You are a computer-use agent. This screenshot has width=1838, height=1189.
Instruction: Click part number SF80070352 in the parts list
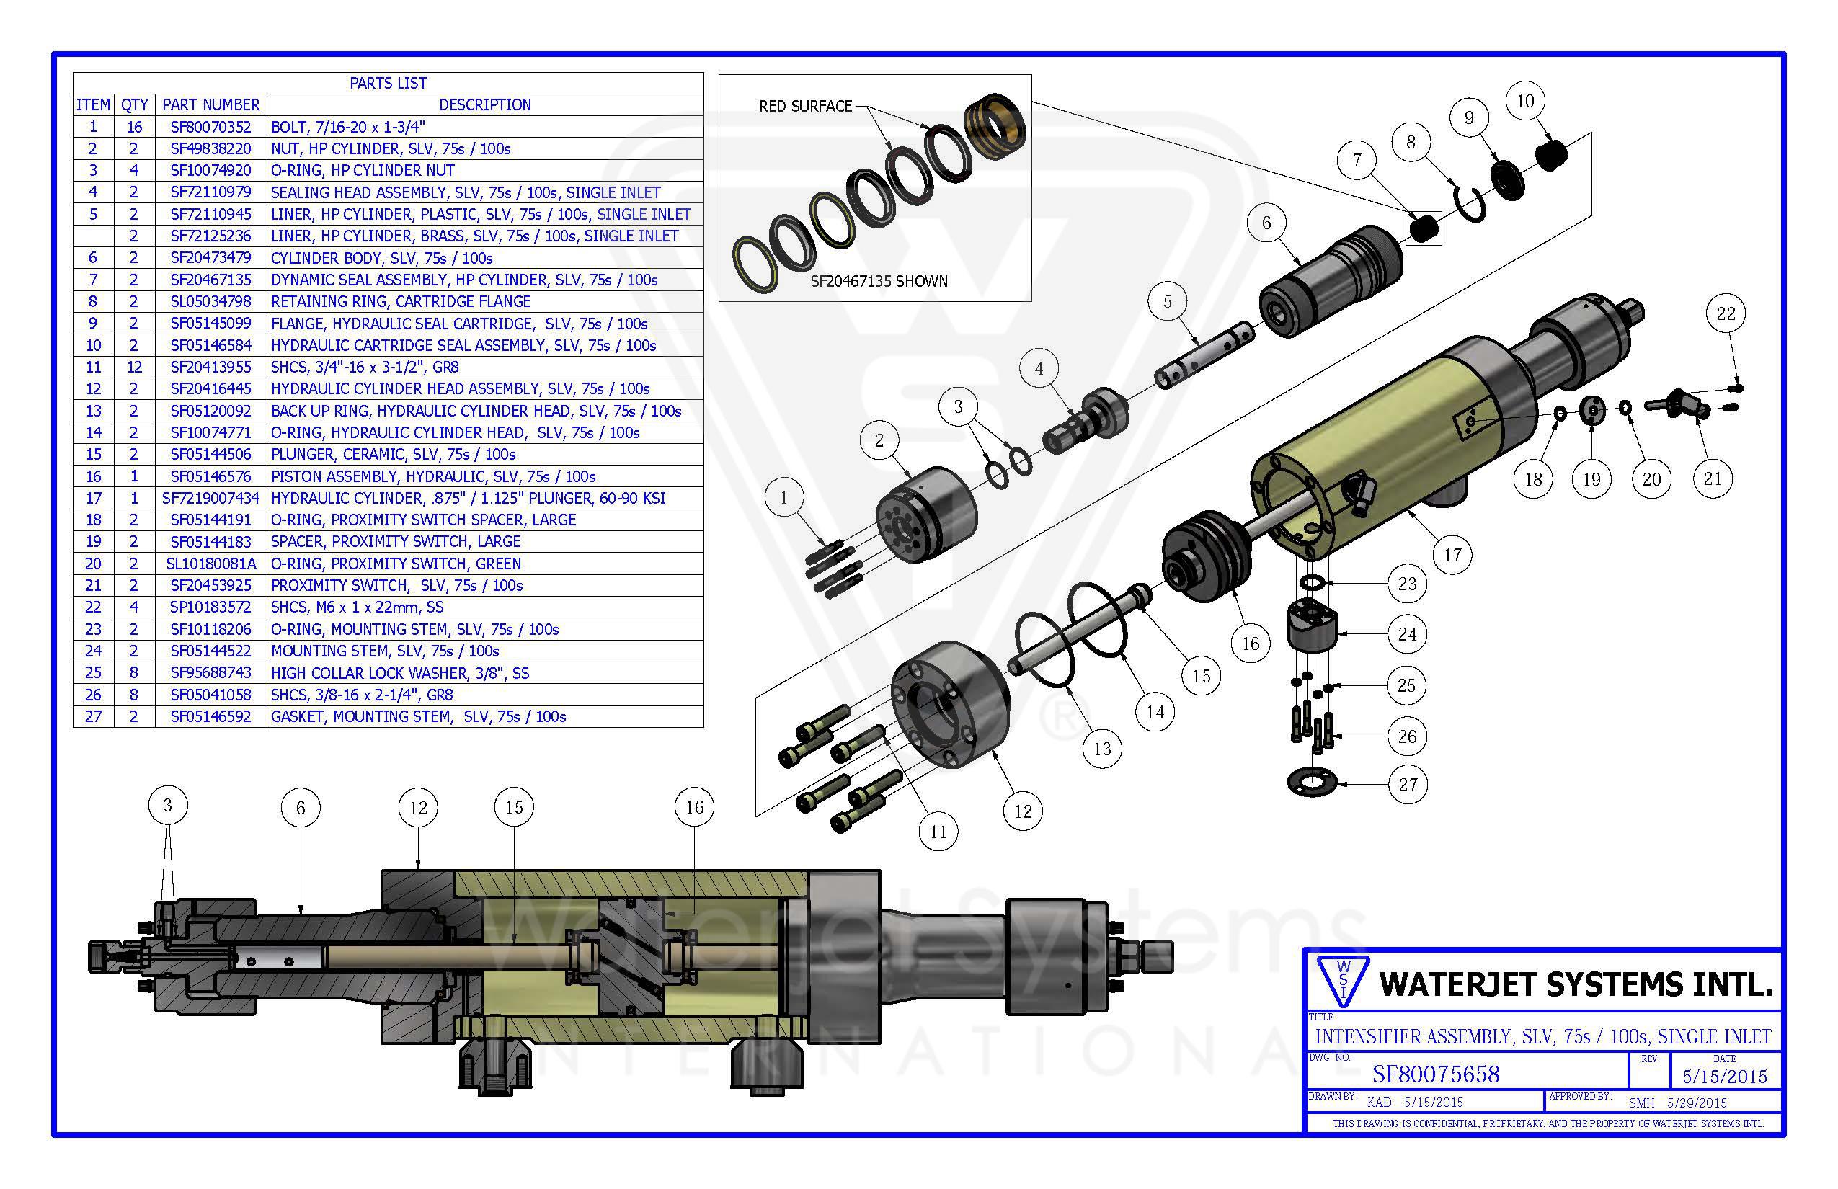[210, 127]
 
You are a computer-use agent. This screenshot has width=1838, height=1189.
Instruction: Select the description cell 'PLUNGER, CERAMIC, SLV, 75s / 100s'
[392, 454]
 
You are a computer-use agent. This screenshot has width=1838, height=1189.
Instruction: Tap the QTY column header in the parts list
[134, 104]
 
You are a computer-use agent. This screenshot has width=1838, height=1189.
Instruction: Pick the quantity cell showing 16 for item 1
[134, 127]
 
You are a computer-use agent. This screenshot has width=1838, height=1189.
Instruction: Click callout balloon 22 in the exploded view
[1726, 313]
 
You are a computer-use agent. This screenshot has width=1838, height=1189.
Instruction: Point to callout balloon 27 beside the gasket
[1408, 785]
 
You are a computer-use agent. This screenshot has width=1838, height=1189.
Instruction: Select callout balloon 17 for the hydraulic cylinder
[1452, 554]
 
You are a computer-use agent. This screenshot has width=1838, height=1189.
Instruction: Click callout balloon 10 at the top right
[1524, 101]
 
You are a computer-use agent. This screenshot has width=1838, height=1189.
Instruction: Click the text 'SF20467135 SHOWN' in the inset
[878, 281]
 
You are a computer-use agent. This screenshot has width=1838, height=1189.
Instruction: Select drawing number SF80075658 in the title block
[1435, 1074]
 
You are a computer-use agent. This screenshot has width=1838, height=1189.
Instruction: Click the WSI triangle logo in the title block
[1343, 981]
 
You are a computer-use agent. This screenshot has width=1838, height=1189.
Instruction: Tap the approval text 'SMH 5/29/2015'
[1677, 1103]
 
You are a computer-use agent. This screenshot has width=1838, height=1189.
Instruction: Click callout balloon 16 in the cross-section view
[694, 808]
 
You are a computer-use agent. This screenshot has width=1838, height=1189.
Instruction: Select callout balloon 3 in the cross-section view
[167, 806]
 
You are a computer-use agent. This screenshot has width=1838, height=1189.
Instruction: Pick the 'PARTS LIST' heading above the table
[388, 83]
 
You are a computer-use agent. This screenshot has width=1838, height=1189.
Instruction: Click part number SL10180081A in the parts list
[210, 564]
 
